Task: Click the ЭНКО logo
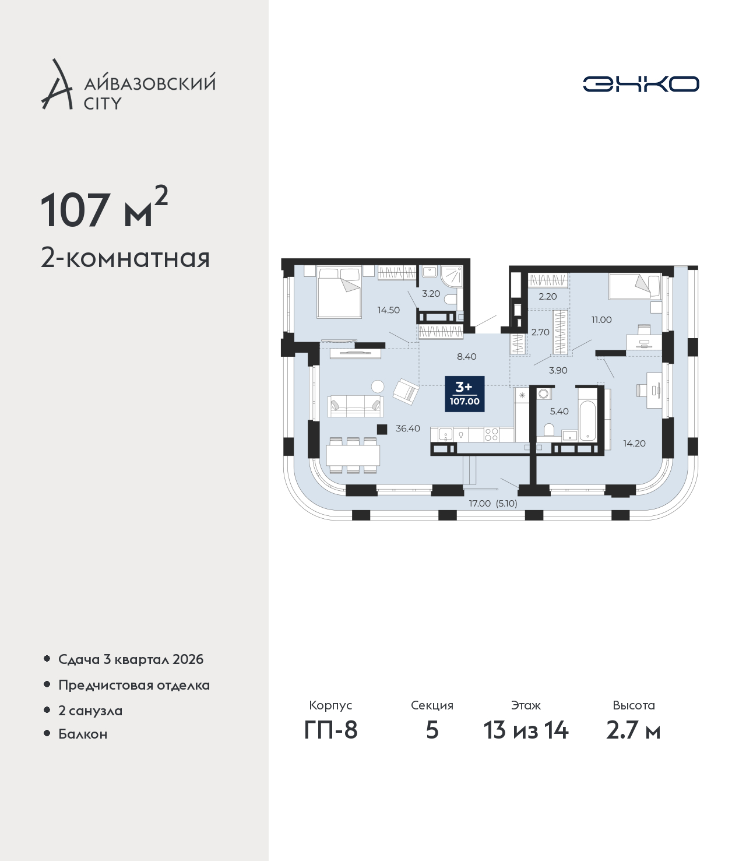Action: [641, 84]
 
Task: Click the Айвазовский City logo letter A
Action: [57, 85]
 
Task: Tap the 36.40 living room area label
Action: [407, 428]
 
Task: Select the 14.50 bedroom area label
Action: [388, 310]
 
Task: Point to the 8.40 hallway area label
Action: [466, 356]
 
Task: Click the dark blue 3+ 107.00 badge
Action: [465, 393]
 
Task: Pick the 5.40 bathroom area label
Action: [559, 411]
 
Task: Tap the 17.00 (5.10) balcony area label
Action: [492, 503]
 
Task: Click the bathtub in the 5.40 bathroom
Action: [587, 415]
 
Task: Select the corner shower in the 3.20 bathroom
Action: [451, 276]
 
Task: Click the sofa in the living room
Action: [356, 406]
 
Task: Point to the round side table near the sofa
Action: [378, 386]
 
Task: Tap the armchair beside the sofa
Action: [406, 391]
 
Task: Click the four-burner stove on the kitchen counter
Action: [491, 434]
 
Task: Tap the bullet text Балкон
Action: [83, 733]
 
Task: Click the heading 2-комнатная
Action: [125, 258]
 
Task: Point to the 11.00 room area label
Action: [601, 319]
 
